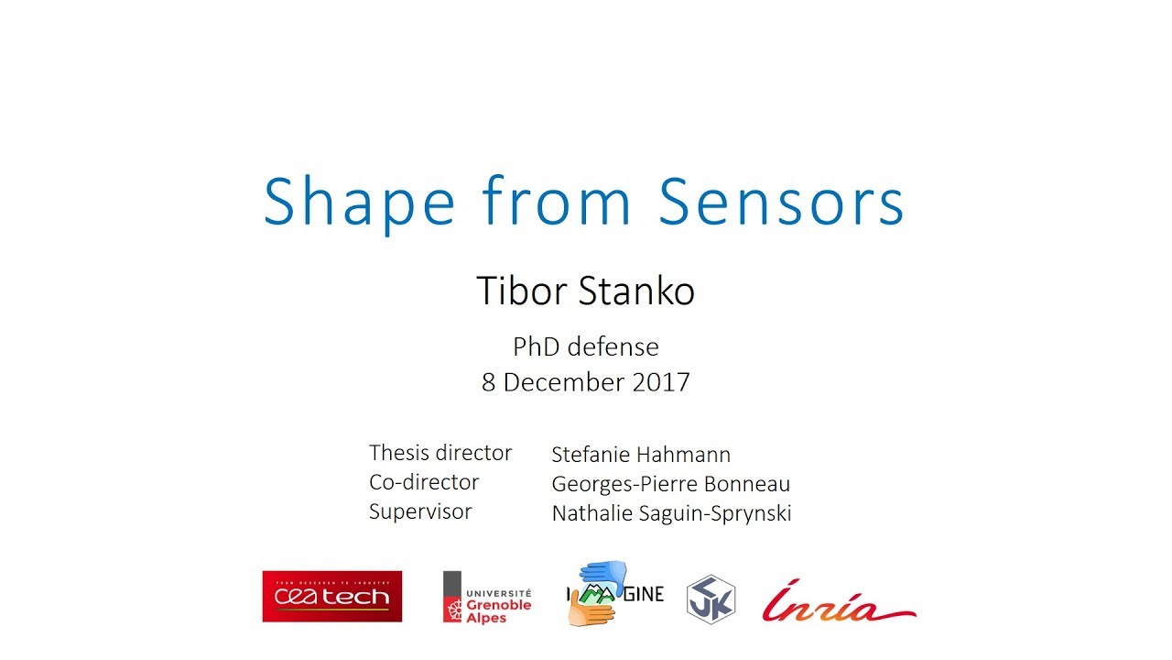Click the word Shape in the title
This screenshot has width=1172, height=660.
[359, 203]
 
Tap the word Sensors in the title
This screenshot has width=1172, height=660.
[781, 202]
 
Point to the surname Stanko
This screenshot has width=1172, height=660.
[637, 291]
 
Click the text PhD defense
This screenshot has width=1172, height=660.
[586, 347]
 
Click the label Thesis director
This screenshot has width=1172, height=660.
[440, 453]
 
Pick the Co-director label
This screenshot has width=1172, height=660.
[424, 482]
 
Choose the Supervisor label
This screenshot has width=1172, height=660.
[420, 511]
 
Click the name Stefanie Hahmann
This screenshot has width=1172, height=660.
[641, 455]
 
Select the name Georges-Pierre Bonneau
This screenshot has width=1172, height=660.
[670, 484]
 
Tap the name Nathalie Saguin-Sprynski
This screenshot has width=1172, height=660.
[671, 513]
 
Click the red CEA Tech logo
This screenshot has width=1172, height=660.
[331, 597]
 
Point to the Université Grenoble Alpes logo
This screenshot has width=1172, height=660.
[487, 597]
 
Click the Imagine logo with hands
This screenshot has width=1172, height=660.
[614, 594]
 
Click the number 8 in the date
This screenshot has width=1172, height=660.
[488, 382]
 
